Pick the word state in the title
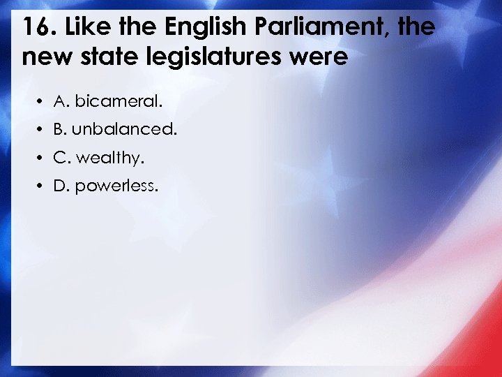(x=106, y=56)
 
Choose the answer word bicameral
(x=119, y=102)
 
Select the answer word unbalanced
(x=125, y=130)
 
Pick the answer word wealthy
(x=110, y=158)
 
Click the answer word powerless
(x=117, y=186)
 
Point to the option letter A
(x=60, y=102)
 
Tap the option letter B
(x=59, y=130)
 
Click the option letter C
(x=60, y=158)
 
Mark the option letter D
(x=60, y=186)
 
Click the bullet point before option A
(x=43, y=103)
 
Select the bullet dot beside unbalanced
(x=43, y=131)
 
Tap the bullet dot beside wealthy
(x=43, y=159)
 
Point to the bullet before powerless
(x=43, y=187)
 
